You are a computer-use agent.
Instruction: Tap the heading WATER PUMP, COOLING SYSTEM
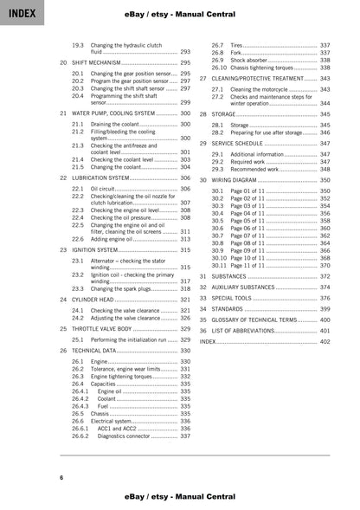(x=112, y=113)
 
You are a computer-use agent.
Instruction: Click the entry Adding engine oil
(x=113, y=239)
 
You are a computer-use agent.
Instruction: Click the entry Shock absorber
(x=252, y=60)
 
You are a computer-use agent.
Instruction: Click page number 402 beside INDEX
(x=324, y=342)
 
